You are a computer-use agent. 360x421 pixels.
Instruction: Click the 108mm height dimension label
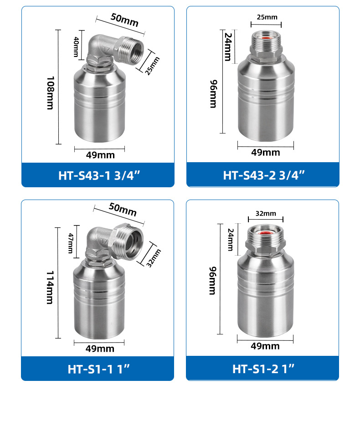51,93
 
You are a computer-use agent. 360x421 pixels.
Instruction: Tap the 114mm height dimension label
50,288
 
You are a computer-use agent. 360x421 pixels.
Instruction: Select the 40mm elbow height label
76,47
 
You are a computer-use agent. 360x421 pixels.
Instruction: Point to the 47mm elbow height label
71,243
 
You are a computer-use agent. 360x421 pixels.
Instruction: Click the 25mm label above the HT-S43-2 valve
267,17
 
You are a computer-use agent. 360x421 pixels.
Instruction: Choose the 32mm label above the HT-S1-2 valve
266,213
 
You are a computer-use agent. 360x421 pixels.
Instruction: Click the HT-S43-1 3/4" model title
99,175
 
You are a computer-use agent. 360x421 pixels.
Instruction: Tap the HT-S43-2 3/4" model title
264,175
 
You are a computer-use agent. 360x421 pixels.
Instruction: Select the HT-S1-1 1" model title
98,369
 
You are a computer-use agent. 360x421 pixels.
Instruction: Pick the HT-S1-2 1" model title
263,369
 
